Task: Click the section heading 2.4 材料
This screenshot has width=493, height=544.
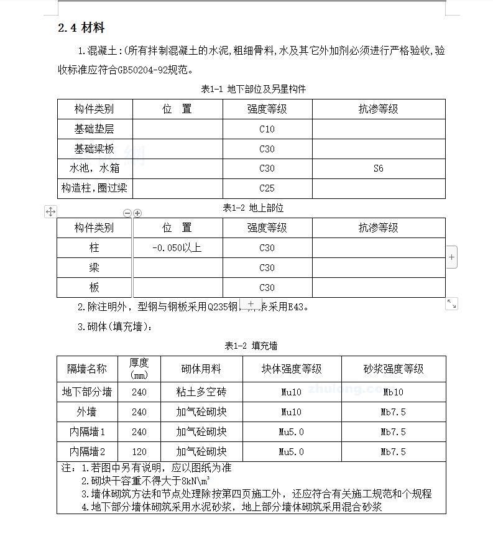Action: (x=81, y=28)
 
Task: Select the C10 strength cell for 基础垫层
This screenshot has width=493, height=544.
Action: (x=267, y=129)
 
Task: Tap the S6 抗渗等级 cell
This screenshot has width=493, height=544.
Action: (x=378, y=168)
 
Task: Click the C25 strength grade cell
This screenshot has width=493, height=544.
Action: (x=267, y=188)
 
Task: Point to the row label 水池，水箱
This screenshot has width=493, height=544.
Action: (x=94, y=168)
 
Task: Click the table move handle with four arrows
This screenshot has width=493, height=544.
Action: (x=50, y=212)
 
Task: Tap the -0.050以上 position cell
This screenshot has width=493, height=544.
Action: (x=177, y=248)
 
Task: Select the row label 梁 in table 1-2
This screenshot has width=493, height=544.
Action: (x=94, y=268)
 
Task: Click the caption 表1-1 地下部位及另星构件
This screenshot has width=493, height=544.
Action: (x=253, y=90)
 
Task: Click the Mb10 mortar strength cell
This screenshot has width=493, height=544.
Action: (x=393, y=392)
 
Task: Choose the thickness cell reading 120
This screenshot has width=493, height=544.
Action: (x=139, y=452)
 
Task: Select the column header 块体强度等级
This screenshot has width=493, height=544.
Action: (x=292, y=369)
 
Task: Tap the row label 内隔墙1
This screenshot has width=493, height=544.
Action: (x=87, y=432)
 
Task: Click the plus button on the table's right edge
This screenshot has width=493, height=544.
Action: (x=451, y=257)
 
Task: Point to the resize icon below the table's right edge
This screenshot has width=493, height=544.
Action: (x=452, y=304)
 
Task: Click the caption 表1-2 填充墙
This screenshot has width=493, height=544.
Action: (x=251, y=346)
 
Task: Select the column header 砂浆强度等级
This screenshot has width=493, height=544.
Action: (x=393, y=369)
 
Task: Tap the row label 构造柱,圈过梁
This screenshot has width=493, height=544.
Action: (x=94, y=188)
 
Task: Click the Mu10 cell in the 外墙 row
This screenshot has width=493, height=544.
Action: (x=292, y=412)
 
